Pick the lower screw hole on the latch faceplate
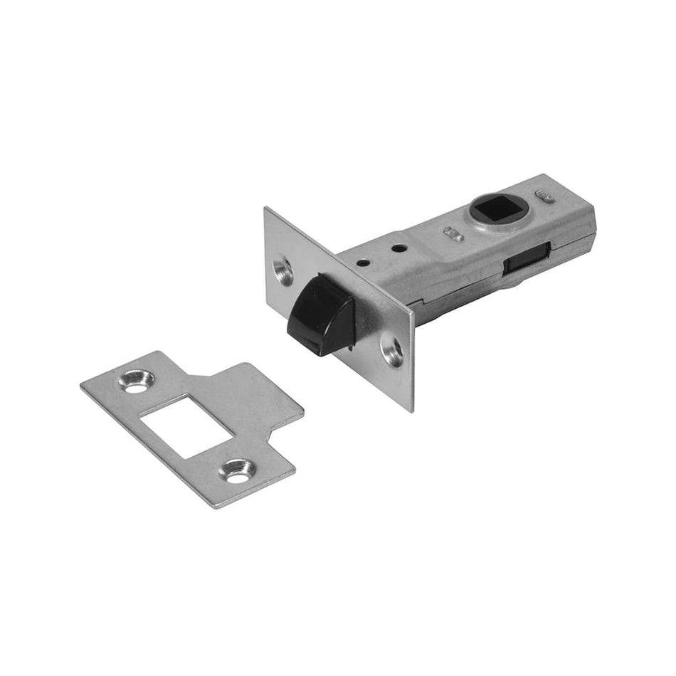(392, 349)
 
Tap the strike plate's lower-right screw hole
(238, 470)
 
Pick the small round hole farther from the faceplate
(399, 248)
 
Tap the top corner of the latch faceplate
(266, 209)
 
